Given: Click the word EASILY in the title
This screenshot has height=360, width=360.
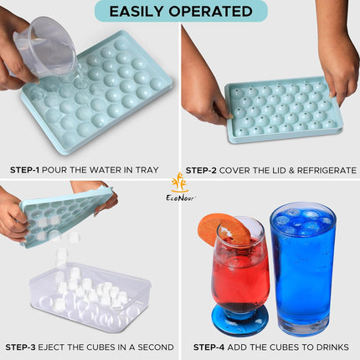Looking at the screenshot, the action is (x=136, y=12).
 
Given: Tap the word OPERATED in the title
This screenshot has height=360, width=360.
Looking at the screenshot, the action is (x=211, y=12).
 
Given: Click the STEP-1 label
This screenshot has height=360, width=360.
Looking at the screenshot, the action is (x=24, y=170).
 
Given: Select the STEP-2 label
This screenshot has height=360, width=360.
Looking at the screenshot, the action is (x=201, y=170).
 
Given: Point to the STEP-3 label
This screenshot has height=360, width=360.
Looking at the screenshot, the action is (x=20, y=347).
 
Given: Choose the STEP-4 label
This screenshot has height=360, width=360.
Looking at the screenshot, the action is (x=209, y=347).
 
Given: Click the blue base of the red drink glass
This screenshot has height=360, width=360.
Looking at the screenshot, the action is (x=240, y=319).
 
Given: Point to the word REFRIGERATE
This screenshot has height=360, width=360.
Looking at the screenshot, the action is (x=327, y=170).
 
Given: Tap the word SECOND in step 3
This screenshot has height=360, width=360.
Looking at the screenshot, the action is (x=156, y=347).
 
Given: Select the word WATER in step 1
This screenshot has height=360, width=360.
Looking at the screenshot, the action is (x=106, y=170).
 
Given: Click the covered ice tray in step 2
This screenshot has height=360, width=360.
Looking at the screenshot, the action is (x=284, y=111).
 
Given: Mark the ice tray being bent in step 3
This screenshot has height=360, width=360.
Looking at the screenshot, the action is (x=67, y=216).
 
